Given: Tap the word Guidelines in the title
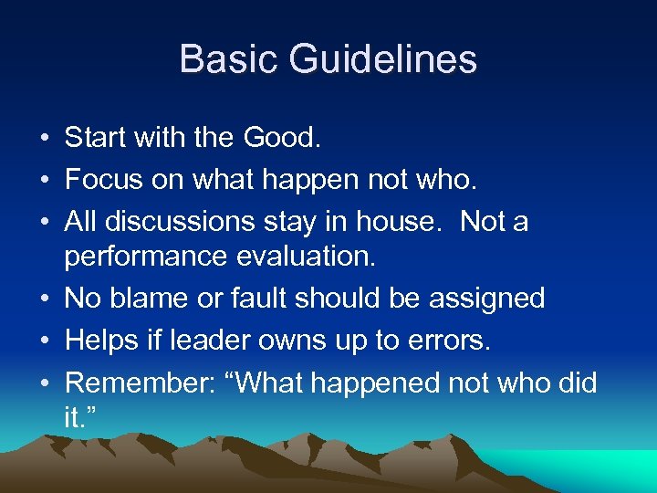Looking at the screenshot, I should tap(383, 59).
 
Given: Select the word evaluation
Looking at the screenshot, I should tap(300, 257).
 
